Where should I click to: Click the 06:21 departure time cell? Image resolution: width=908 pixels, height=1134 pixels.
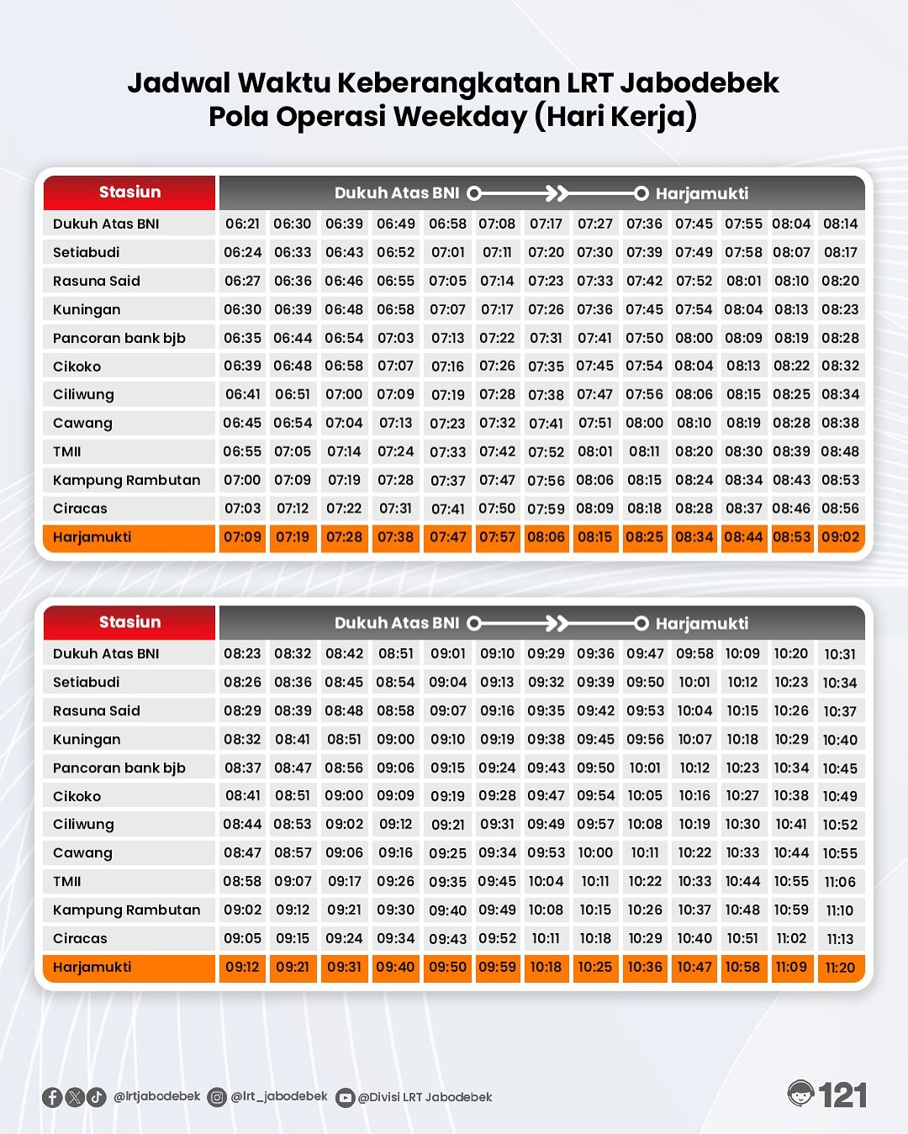[x=242, y=224]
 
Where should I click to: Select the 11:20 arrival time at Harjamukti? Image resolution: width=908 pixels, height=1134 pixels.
[x=840, y=968]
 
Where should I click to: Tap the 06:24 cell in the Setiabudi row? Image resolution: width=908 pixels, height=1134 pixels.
[x=242, y=252]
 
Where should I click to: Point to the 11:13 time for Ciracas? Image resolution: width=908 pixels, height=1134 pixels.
[x=840, y=939]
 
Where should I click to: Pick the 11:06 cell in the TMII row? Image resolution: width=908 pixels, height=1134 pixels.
[x=840, y=882]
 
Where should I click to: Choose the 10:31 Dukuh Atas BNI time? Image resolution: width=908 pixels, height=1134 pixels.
[x=840, y=654]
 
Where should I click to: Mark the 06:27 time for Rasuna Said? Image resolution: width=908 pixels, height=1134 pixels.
[x=242, y=281]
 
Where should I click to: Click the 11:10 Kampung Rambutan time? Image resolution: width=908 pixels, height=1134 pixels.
[x=840, y=910]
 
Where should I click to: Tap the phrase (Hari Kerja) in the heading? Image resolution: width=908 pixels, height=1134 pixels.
[x=615, y=116]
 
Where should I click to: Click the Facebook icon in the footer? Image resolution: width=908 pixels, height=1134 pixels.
[x=52, y=1097]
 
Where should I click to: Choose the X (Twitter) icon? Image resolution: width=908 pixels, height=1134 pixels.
[x=75, y=1097]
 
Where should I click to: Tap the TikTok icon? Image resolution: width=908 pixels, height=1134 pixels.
[x=97, y=1097]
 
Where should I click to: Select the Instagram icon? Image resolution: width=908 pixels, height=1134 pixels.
[x=217, y=1097]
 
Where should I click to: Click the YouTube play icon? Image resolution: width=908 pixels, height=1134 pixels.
[x=345, y=1098]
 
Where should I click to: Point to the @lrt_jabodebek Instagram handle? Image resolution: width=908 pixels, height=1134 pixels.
[x=279, y=1096]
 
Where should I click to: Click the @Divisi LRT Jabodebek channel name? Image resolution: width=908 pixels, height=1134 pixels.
[x=425, y=1097]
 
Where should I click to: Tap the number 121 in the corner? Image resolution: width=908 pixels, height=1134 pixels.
[x=843, y=1095]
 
